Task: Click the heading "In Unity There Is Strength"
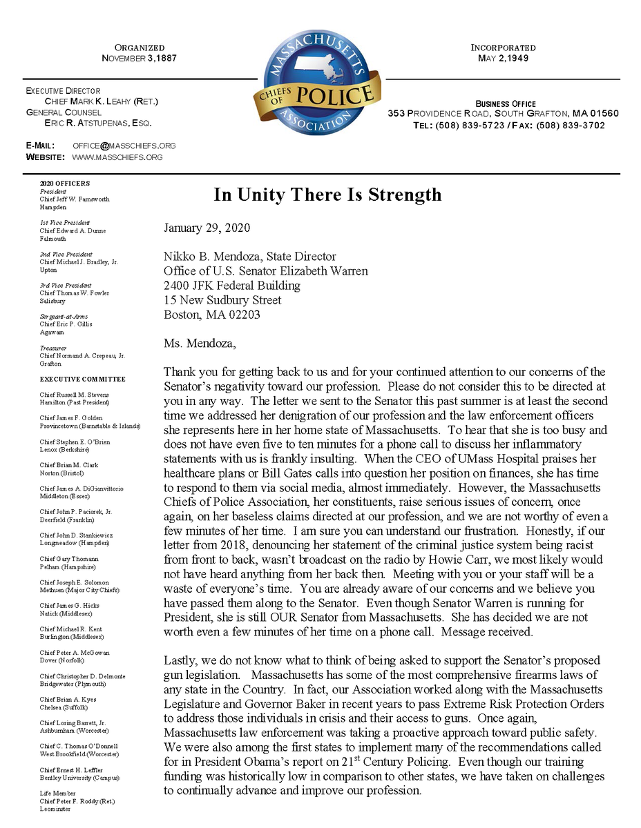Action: tap(327, 195)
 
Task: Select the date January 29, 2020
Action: tap(207, 228)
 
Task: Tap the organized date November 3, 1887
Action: tap(140, 59)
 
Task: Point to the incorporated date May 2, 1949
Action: tap(503, 59)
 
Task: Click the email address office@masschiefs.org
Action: tap(124, 146)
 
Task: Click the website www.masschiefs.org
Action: tap(117, 157)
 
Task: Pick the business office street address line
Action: tap(503, 114)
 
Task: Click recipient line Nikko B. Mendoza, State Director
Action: tap(250, 257)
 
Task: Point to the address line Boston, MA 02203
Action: tap(212, 315)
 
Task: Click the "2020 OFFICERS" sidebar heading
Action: tap(64, 184)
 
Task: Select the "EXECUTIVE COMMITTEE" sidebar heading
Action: tap(82, 379)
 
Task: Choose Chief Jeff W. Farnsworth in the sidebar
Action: tap(75, 199)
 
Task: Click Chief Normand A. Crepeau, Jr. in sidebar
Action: tap(82, 355)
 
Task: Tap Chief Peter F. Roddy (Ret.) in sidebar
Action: tap(77, 801)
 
